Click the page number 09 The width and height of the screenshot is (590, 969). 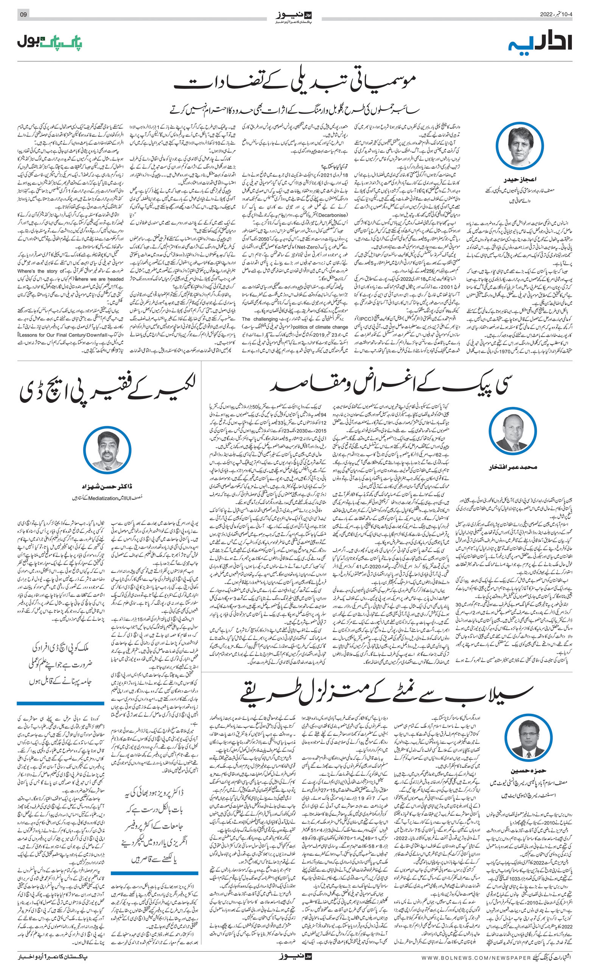(23, 14)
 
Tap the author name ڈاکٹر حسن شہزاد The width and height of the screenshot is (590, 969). (107, 487)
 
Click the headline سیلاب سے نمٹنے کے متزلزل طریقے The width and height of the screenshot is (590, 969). (387, 695)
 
